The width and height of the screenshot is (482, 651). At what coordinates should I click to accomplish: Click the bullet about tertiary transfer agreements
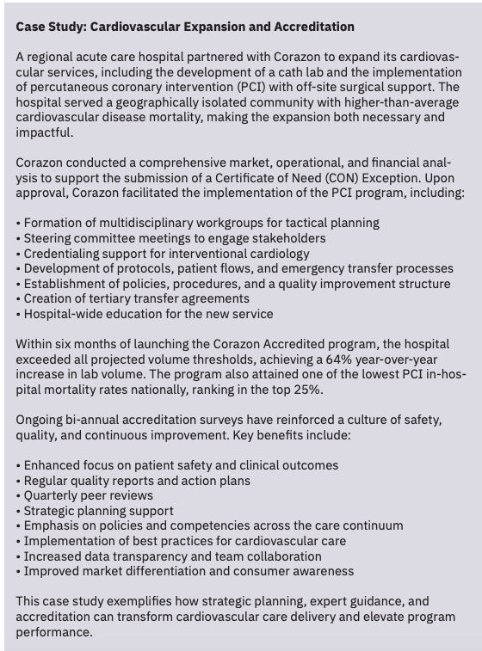click(142, 299)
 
